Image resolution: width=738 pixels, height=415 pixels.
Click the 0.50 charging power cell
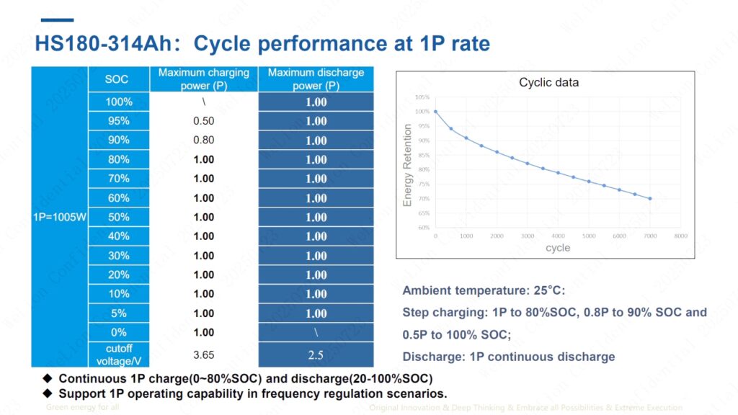[204, 121]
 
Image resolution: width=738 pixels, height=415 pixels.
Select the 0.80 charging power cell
[204, 140]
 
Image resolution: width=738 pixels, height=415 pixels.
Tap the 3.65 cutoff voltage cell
[204, 355]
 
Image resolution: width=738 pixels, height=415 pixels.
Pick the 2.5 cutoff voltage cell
[316, 355]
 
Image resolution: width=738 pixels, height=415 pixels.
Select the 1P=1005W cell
[59, 217]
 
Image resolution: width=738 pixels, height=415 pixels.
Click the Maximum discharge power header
[316, 79]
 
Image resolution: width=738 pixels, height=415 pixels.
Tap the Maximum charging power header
[204, 79]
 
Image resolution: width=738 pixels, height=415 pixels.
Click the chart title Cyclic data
[548, 83]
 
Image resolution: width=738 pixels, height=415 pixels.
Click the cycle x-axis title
[558, 248]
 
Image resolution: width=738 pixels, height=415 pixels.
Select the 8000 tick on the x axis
[680, 236]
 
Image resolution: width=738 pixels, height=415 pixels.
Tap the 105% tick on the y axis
[422, 97]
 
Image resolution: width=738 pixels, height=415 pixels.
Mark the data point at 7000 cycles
[650, 199]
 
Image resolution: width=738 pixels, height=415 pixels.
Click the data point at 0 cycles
[436, 112]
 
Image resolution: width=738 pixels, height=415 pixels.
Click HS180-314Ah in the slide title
[105, 43]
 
